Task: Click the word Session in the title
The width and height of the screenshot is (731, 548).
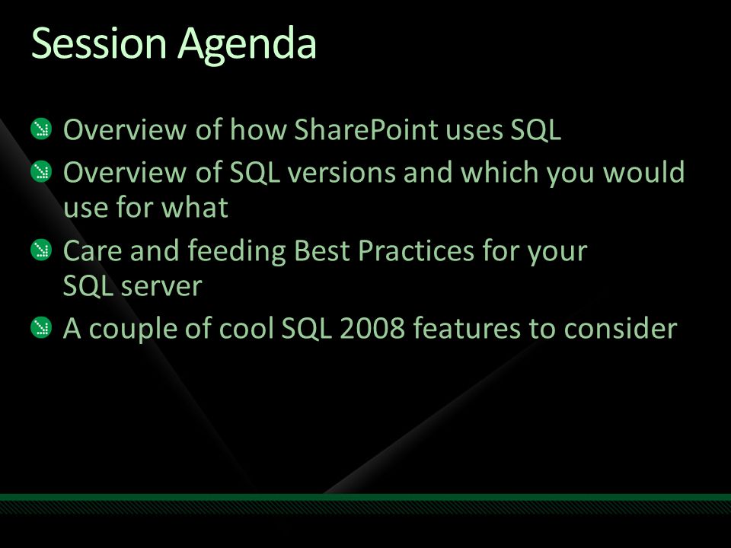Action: (99, 43)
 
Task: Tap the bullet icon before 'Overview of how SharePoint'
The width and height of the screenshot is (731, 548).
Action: (41, 129)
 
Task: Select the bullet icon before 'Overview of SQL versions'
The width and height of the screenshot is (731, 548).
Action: (41, 171)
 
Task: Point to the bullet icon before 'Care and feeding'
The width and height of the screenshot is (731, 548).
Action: (41, 250)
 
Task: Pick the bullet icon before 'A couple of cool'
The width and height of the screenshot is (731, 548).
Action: (41, 327)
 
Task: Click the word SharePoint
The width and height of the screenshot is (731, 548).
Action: (366, 129)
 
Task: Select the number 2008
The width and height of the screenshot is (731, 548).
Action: (372, 328)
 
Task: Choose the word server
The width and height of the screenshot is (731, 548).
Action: (161, 287)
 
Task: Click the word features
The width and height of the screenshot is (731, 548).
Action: (467, 328)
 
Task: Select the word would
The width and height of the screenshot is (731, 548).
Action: (644, 172)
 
